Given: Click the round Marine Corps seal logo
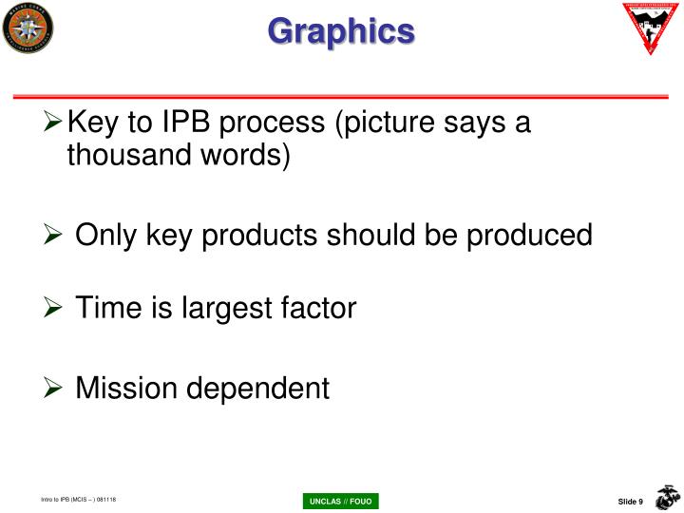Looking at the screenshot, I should (x=28, y=28).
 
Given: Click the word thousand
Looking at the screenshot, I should (x=119, y=155).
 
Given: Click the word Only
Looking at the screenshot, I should (x=106, y=235).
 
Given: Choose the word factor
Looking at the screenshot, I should (x=318, y=308).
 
